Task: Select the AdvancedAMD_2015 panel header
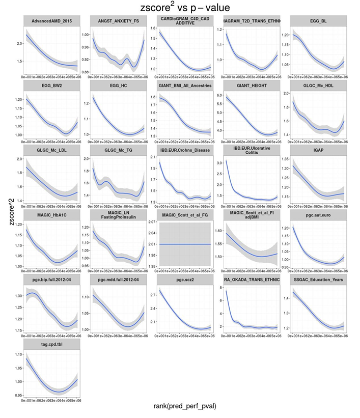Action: coord(51,21)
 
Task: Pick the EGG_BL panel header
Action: coord(318,21)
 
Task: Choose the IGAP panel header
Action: coord(318,150)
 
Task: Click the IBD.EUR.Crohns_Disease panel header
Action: coord(185,150)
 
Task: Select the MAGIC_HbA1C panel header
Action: coord(51,214)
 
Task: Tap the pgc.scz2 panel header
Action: coord(185,280)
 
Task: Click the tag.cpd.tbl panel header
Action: coord(51,344)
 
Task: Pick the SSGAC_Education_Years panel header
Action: coord(318,280)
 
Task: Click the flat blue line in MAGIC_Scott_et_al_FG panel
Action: coord(185,244)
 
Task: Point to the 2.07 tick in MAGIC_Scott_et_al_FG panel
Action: coord(152,222)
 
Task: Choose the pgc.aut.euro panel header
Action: coord(318,214)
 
